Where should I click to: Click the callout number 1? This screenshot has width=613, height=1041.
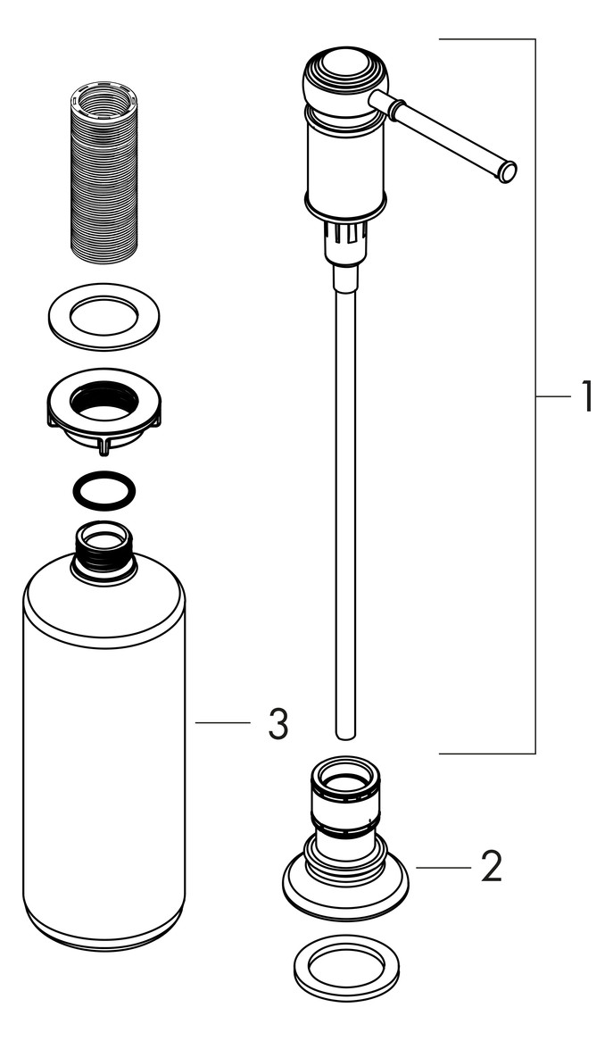click(x=585, y=396)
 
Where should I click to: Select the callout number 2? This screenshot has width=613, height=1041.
click(x=491, y=866)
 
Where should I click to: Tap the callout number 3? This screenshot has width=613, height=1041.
click(x=278, y=724)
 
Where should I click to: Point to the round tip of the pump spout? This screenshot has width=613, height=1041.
click(x=508, y=171)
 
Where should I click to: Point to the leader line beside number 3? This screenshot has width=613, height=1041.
click(x=222, y=722)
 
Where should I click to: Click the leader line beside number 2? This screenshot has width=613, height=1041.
click(x=443, y=867)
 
